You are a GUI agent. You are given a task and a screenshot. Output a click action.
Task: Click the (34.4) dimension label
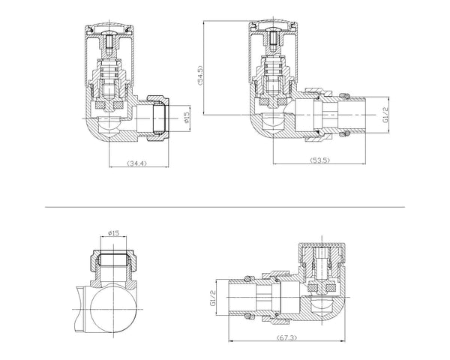pyautogui.click(x=136, y=163)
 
